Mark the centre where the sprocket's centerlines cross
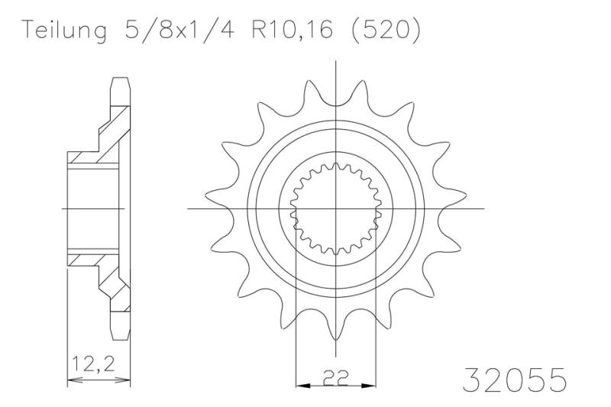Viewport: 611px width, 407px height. [336, 208]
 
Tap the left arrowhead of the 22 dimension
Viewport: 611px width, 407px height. [300, 380]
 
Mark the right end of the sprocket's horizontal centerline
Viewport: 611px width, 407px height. [483, 208]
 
